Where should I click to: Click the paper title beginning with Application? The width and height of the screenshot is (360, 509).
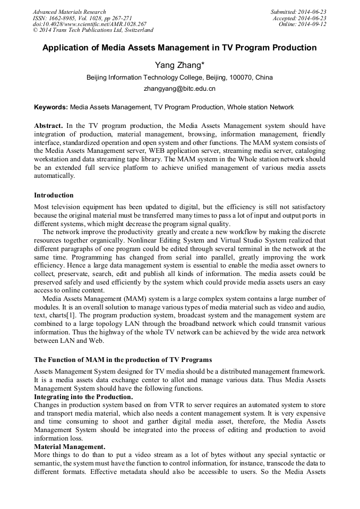pos(179,48)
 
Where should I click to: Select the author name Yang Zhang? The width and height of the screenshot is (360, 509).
pos(179,65)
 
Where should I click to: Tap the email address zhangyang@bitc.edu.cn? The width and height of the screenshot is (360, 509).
pos(179,89)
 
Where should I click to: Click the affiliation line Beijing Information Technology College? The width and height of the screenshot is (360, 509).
pos(179,77)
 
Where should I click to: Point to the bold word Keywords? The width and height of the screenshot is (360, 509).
pos(51,107)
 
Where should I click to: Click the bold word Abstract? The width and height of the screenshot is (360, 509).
pos(48,126)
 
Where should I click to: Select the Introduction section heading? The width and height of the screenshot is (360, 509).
pos(54,195)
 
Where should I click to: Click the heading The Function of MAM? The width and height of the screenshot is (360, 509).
pos(123,360)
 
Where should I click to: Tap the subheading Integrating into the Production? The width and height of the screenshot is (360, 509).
pos(83,396)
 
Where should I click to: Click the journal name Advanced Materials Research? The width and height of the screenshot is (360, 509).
pos(69,12)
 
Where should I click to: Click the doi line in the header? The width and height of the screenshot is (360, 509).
pos(89,24)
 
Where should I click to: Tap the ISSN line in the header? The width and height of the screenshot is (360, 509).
pos(82,18)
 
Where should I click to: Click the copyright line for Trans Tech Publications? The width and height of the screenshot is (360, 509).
pos(93,30)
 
